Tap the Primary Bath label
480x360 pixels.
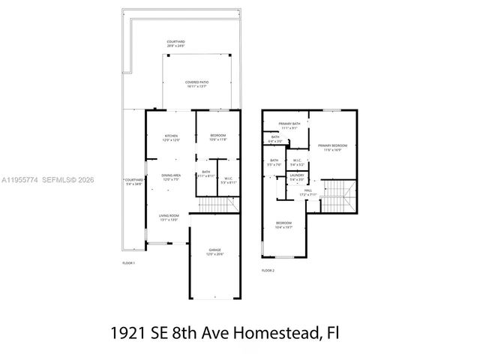click(289, 125)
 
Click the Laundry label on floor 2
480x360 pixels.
click(297, 177)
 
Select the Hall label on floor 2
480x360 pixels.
click(307, 193)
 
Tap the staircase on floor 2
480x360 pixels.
click(341, 196)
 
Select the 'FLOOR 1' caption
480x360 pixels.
click(129, 263)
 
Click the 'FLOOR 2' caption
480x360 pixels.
click(268, 270)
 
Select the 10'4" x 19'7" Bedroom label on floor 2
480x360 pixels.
click(283, 225)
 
